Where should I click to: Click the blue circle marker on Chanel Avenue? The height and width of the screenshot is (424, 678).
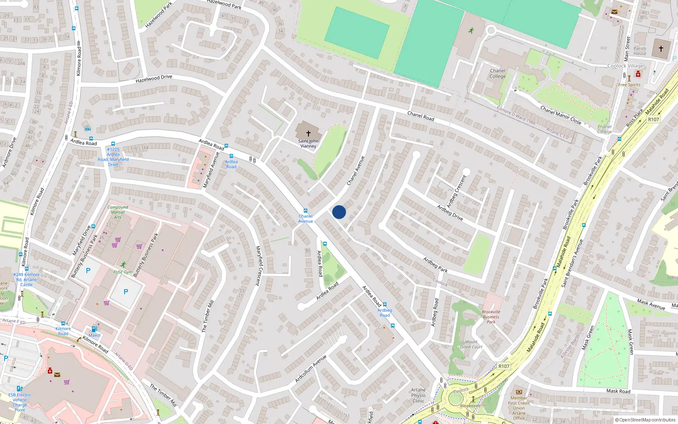[339, 212]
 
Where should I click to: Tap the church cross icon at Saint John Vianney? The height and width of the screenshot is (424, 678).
[308, 133]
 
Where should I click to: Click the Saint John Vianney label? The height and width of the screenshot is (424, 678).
[308, 144]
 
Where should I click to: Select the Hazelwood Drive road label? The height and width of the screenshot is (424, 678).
[154, 78]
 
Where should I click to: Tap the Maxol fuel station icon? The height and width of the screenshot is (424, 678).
[94, 329]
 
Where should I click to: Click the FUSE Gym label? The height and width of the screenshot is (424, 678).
[123, 272]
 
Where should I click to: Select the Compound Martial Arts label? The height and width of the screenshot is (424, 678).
[118, 212]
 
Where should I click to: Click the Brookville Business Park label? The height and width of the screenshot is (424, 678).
[491, 317]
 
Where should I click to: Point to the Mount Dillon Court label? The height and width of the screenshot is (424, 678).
[471, 344]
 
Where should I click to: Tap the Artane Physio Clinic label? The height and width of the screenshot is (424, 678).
[418, 396]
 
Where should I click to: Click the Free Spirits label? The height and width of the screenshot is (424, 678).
[629, 85]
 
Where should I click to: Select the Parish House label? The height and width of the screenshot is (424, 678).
[640, 51]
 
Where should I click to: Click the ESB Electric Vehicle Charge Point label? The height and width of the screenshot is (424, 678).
[20, 402]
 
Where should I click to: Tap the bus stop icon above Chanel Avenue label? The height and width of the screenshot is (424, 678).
[305, 211]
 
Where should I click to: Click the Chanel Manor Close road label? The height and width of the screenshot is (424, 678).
[561, 115]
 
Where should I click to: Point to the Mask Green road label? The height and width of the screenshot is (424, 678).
[588, 338]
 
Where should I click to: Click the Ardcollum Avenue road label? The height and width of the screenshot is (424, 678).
[311, 369]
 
